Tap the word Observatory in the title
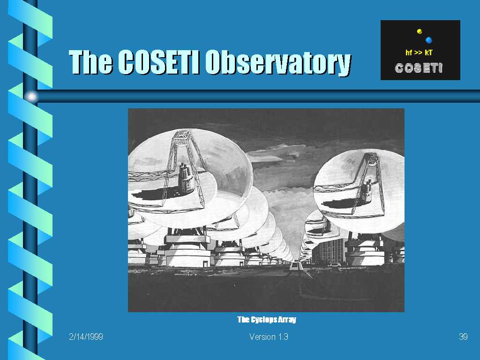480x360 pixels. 278,63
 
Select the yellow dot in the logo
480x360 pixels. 420,31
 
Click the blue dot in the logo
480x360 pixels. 428,40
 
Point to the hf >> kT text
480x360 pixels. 419,52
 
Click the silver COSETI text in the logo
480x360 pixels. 419,68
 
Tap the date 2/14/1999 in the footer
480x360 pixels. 86,337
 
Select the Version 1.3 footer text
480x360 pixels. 269,337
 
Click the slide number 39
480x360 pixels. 463,337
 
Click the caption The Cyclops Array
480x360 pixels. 267,320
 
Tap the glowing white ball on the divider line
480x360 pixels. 31,97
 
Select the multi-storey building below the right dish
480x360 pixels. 329,252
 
